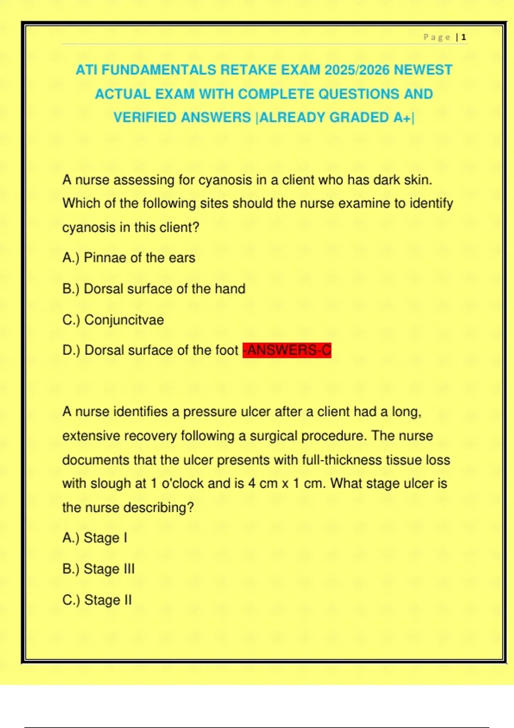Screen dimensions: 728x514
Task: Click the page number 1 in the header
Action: [464, 38]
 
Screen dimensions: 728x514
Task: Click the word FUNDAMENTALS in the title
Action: [158, 70]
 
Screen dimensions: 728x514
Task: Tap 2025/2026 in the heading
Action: [357, 70]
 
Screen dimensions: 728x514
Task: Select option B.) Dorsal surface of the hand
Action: [154, 289]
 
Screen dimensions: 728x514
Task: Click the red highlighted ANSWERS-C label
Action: [287, 350]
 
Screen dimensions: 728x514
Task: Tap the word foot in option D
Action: [227, 350]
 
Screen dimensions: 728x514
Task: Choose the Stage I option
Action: [95, 538]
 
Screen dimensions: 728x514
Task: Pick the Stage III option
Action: [99, 569]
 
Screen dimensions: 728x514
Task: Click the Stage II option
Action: [97, 600]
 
